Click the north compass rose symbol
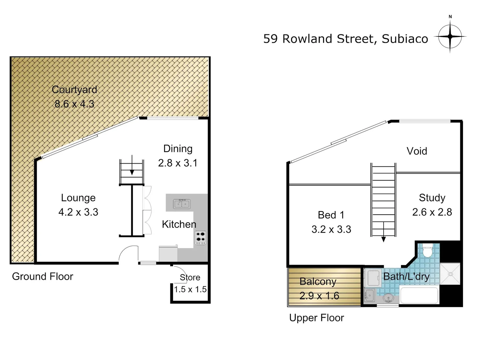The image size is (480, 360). click(x=450, y=36)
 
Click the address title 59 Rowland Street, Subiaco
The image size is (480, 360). click(x=346, y=39)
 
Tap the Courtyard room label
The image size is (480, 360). click(x=74, y=90)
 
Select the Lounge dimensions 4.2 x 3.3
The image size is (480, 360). click(x=78, y=212)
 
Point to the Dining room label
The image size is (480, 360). click(x=178, y=149)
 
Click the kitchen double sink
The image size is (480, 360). click(x=182, y=204)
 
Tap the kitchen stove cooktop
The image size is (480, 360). click(x=200, y=238)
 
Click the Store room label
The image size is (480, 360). click(x=190, y=277)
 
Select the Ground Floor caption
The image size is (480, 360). click(x=43, y=276)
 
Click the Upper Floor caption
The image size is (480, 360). click(x=316, y=318)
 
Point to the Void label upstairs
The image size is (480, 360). click(x=417, y=151)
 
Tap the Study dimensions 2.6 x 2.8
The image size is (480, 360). click(x=432, y=212)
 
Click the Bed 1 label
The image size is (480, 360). click(x=331, y=215)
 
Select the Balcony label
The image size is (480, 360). click(x=318, y=282)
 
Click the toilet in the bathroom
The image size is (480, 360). click(x=427, y=250)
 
